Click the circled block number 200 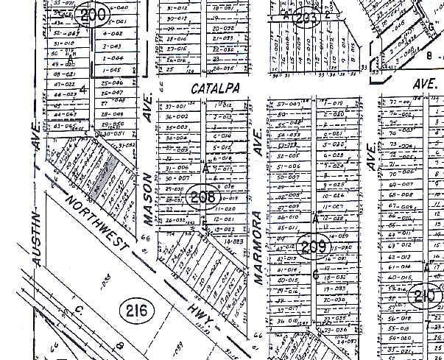pyautogui.click(x=94, y=15)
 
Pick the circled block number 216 pyautogui.click(x=136, y=311)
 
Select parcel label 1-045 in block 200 pyautogui.click(x=112, y=69)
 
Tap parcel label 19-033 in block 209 pyautogui.click(x=334, y=289)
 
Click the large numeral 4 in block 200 pyautogui.click(x=83, y=90)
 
